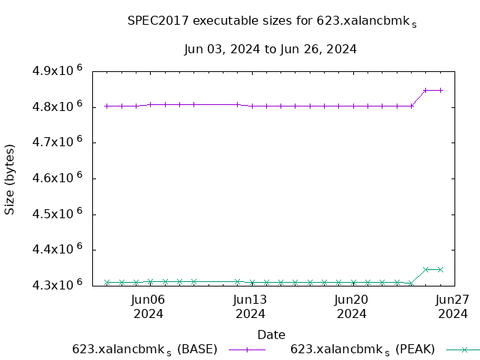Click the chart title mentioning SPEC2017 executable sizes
point(272,22)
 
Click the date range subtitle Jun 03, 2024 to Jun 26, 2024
point(270,49)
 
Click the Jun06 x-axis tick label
point(148,307)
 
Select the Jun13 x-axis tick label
point(250,307)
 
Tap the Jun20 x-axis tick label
point(351,307)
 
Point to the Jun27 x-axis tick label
point(452,307)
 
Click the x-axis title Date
point(271,334)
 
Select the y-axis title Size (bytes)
point(10,179)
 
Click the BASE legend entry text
point(145,349)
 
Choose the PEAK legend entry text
point(362,349)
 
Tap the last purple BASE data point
point(440,90)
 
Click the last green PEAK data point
point(440,269)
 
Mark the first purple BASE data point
point(107,106)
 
